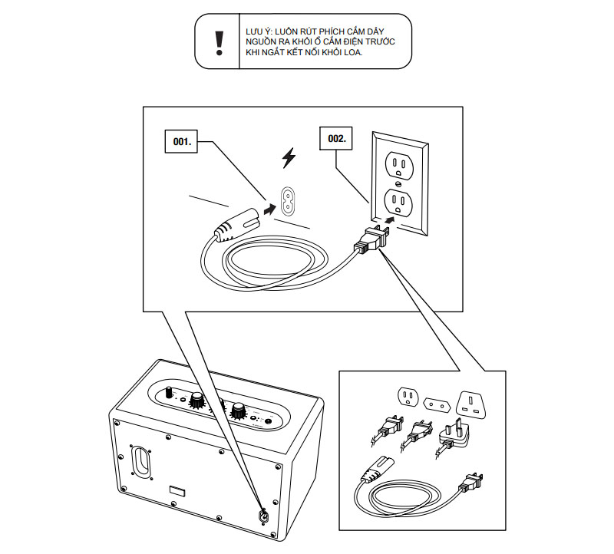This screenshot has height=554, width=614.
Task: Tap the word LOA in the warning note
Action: [349, 53]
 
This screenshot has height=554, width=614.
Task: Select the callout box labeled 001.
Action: [182, 142]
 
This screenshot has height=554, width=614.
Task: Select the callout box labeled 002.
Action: [336, 139]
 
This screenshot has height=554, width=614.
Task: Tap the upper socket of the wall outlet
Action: [398, 164]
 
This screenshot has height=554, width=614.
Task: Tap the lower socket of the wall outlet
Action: [398, 203]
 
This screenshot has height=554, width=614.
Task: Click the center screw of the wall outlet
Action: [398, 183]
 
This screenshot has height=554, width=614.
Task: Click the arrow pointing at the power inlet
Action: [266, 208]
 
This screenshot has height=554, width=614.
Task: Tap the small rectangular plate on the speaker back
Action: [177, 490]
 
